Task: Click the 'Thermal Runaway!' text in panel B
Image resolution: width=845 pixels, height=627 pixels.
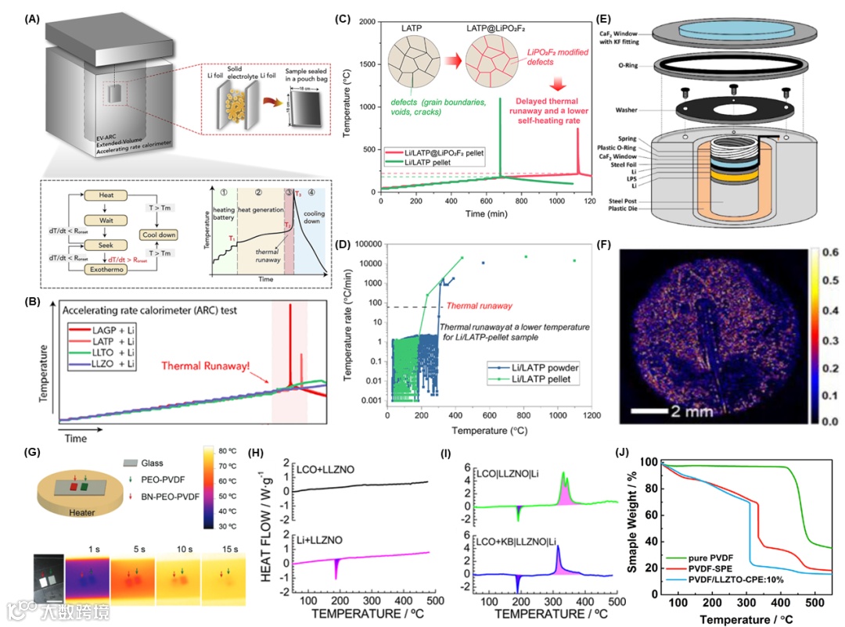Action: pyautogui.click(x=207, y=366)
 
